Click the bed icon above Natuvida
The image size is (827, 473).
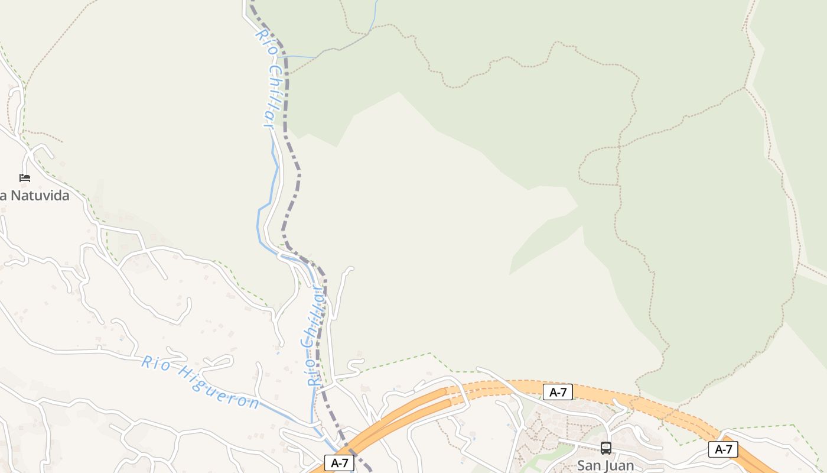click(25, 177)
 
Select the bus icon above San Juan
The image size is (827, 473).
click(605, 448)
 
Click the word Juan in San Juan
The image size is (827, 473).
click(620, 465)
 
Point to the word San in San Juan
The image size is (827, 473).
click(590, 465)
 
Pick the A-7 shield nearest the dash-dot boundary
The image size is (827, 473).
click(339, 463)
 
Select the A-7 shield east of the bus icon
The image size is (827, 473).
click(723, 449)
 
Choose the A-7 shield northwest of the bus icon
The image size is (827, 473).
click(558, 391)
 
